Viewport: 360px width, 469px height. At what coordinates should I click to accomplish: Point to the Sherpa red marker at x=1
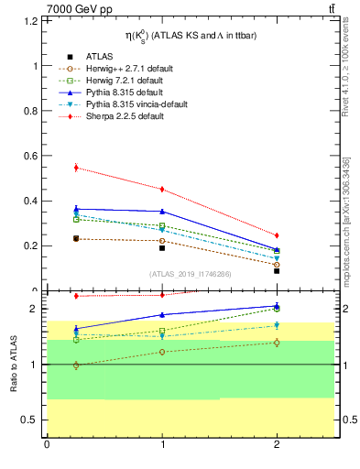point(162,190)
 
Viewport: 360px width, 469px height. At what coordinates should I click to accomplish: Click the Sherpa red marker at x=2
point(277,235)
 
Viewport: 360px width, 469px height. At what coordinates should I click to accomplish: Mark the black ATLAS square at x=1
point(162,248)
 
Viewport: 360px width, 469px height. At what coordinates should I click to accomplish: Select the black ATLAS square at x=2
point(277,271)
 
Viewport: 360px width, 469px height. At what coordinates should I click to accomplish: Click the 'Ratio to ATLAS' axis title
point(14,365)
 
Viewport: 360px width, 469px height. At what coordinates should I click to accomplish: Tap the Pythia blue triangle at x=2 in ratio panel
point(277,306)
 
